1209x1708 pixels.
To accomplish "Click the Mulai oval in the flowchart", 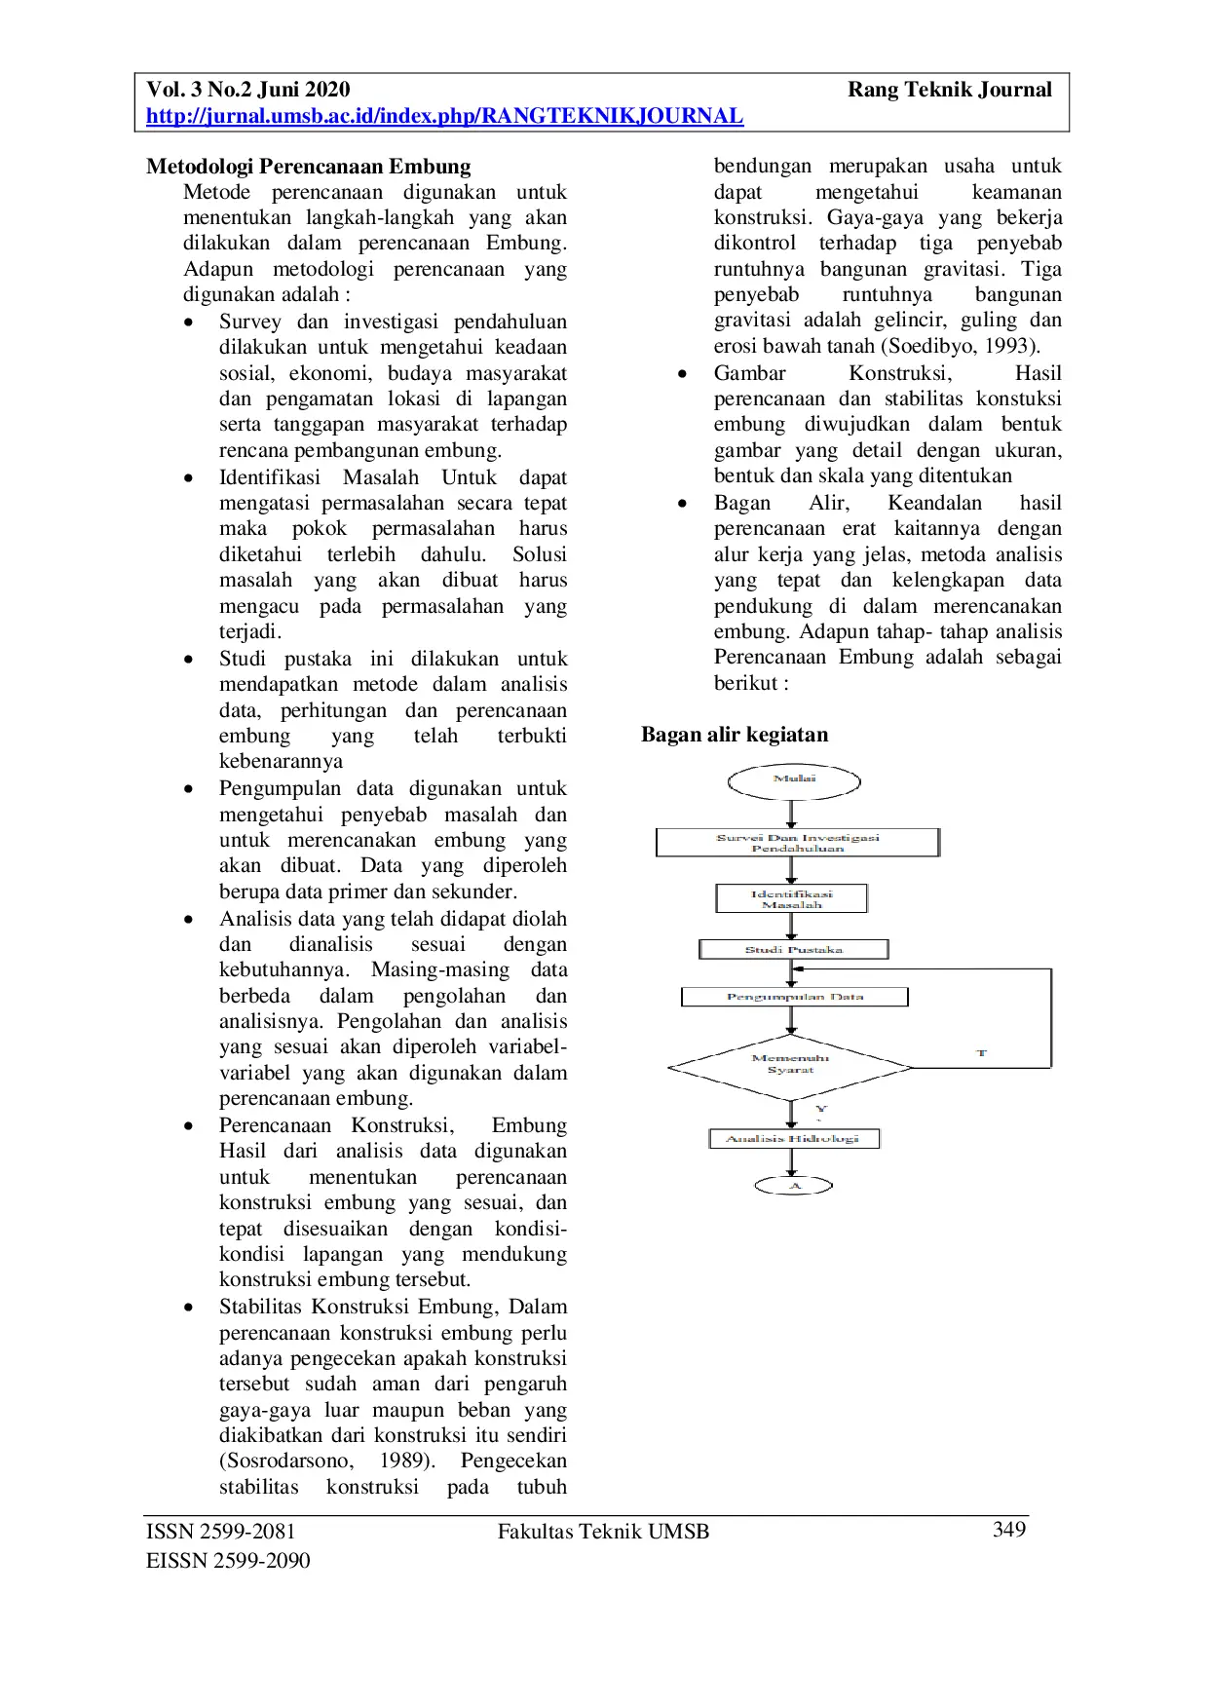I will point(794,780).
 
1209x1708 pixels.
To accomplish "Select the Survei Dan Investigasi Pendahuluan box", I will point(797,843).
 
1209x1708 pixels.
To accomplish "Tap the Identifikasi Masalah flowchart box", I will point(791,898).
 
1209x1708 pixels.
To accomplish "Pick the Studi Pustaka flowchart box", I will point(793,949).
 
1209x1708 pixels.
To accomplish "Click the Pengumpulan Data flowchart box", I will point(794,997).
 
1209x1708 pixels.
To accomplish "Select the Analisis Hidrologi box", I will point(793,1138).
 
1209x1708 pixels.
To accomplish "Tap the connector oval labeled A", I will point(794,1186).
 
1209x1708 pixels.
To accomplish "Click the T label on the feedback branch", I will point(981,1053).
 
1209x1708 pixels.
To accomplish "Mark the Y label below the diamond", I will point(820,1110).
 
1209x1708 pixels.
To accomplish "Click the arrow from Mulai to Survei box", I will point(791,815).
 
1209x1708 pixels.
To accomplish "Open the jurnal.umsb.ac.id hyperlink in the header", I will point(444,116).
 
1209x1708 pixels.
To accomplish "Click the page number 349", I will point(1008,1530).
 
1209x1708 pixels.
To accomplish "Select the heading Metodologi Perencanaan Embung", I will point(308,167).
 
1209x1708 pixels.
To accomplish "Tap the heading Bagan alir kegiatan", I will point(735,735).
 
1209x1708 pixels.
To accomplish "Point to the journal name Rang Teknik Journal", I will point(949,90).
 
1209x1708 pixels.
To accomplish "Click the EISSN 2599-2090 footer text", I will point(228,1560).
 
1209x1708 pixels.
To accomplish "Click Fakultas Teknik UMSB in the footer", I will point(603,1532).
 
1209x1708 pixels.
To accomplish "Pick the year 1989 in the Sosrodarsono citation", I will point(403,1461).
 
